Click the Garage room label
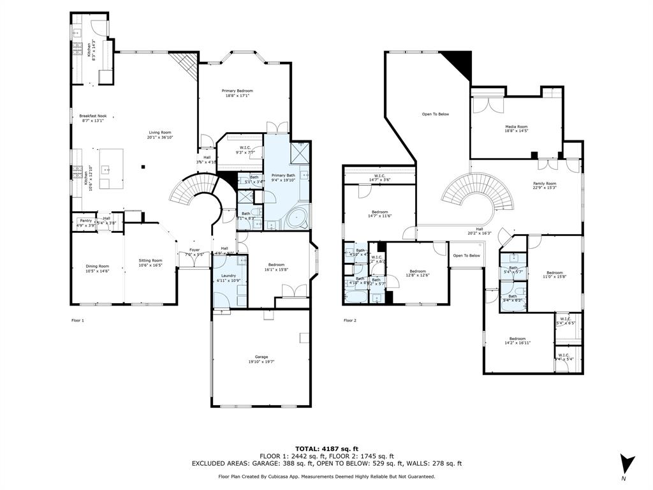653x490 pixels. click(x=261, y=357)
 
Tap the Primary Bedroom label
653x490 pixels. click(x=237, y=91)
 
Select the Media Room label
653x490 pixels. click(x=517, y=127)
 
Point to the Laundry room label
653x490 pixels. click(x=227, y=276)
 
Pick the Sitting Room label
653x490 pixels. click(x=151, y=260)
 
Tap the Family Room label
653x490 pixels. click(x=545, y=184)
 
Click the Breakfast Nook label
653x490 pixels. click(x=93, y=116)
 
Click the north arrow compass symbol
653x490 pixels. click(x=627, y=464)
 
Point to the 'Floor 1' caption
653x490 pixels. click(x=77, y=320)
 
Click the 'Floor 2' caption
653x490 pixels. click(x=349, y=320)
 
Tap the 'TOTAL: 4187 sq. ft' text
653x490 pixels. click(x=326, y=449)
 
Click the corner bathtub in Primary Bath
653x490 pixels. click(x=297, y=219)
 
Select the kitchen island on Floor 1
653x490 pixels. click(x=110, y=168)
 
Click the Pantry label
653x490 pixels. click(x=85, y=223)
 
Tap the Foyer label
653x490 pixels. click(x=194, y=250)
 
